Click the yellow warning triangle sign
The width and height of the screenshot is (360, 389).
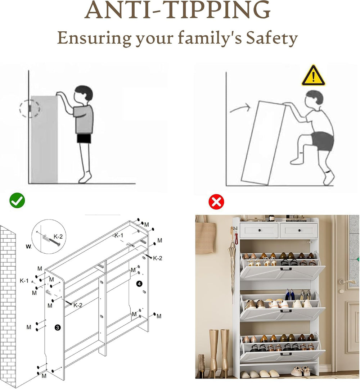[313, 76]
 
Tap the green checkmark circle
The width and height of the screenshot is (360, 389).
[17, 200]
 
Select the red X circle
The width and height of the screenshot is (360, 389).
[216, 202]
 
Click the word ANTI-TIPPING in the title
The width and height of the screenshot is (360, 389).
[177, 10]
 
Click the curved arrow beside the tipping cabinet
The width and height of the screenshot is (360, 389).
[240, 108]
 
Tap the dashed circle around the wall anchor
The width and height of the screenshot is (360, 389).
[30, 108]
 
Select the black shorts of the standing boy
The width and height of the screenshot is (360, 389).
[84, 139]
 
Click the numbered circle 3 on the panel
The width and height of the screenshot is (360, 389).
[57, 328]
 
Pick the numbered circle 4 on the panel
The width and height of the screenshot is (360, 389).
[139, 284]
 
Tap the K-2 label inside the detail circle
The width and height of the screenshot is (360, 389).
[58, 236]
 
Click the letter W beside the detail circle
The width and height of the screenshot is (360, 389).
[28, 246]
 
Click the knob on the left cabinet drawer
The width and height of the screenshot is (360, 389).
[259, 230]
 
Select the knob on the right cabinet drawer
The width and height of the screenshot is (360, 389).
[299, 230]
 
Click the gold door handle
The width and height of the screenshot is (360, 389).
[346, 281]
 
